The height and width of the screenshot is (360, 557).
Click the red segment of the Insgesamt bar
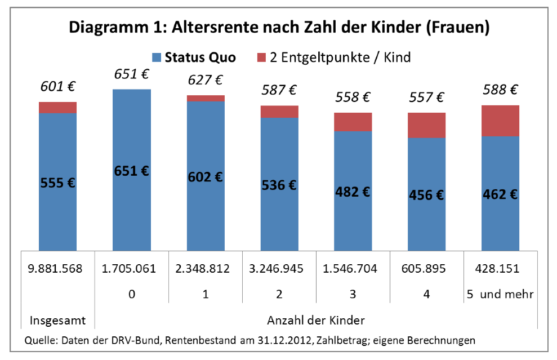57,108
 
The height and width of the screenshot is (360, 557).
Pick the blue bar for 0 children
132,169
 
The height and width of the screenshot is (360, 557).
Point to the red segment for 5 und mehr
500,121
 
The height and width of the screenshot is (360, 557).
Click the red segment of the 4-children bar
426,125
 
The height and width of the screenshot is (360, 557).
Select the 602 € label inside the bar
205,177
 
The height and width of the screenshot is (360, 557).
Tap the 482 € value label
352,191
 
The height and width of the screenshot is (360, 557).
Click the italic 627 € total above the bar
205,80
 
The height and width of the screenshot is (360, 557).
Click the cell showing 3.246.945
279,268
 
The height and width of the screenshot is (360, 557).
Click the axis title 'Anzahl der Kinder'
315,321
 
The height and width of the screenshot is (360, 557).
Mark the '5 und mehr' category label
500,294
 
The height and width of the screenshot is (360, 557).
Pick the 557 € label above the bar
426,97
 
